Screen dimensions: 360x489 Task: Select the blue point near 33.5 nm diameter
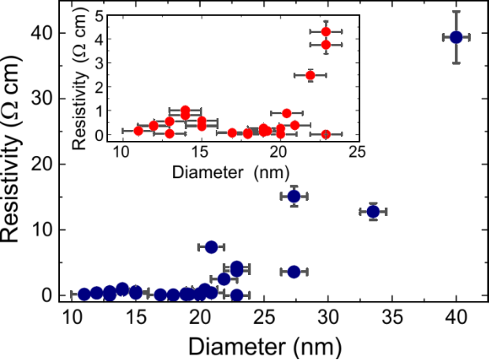(x=373, y=211)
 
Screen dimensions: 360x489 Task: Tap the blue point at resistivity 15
(x=294, y=196)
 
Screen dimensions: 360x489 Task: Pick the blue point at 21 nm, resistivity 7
(x=211, y=247)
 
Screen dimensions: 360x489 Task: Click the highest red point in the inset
(x=325, y=32)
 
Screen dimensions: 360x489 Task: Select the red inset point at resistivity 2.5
(x=310, y=76)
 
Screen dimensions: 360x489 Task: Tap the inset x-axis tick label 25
(x=357, y=150)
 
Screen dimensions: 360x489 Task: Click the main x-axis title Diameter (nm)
(x=263, y=345)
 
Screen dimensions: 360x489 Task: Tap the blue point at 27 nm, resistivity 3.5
(x=294, y=271)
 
